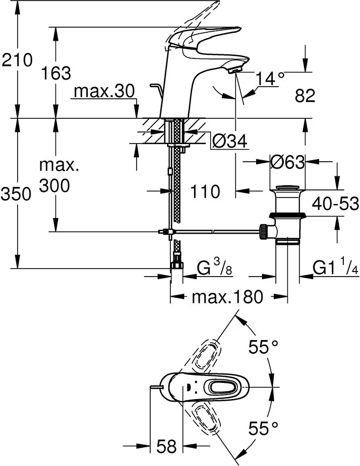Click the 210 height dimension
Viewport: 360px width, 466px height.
tap(17, 60)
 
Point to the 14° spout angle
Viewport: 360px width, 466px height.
tap(269, 78)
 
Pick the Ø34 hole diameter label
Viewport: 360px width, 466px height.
tap(229, 143)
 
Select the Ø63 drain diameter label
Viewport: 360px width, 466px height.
tap(287, 162)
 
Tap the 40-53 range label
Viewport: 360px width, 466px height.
tap(335, 204)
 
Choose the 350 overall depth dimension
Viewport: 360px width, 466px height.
tap(17, 193)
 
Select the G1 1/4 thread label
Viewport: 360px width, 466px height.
tap(335, 268)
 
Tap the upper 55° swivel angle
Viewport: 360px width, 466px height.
tap(264, 348)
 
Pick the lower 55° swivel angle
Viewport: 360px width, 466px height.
tap(264, 429)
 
